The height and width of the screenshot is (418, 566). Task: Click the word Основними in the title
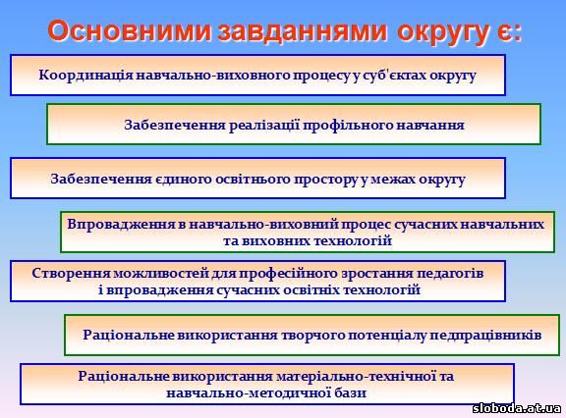[130, 31]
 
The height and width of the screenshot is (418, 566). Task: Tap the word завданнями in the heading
[302, 31]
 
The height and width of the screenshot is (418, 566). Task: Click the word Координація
[86, 76]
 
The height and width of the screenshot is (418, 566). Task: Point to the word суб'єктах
[392, 76]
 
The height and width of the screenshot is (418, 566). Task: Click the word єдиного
[184, 180]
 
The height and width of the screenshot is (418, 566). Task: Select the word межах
[393, 180]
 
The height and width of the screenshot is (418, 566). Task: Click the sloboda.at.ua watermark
[517, 408]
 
